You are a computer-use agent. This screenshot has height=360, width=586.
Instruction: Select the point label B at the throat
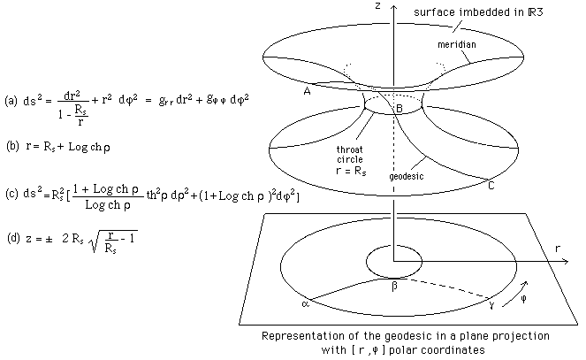click(398, 109)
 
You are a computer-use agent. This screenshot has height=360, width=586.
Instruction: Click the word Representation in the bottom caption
click(299, 336)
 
